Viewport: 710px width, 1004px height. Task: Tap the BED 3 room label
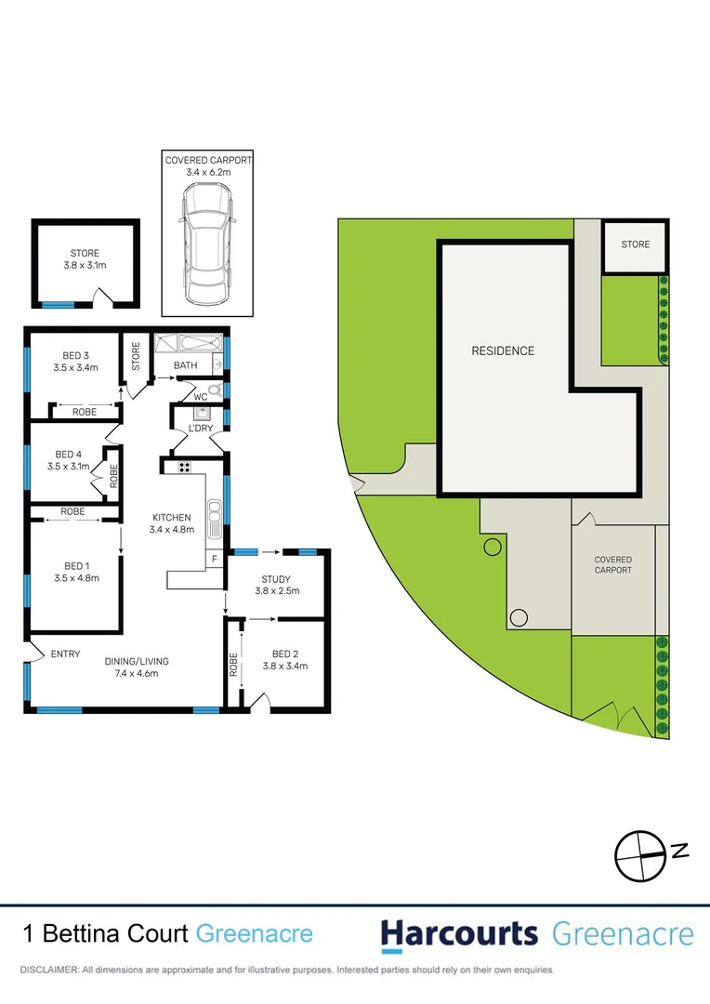pos(76,355)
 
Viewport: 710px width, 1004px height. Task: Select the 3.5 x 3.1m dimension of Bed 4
pos(69,467)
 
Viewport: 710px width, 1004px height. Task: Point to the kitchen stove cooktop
pos(184,467)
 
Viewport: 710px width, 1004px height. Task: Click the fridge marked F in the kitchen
pos(215,560)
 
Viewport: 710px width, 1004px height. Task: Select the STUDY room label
pos(276,580)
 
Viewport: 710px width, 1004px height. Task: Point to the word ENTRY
pos(65,654)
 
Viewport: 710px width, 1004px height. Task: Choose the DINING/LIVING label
pos(136,661)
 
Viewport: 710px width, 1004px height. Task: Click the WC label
pos(201,397)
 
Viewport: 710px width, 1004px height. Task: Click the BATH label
pos(185,365)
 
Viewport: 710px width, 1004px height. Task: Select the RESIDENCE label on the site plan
pos(503,350)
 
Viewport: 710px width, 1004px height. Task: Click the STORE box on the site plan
pos(635,245)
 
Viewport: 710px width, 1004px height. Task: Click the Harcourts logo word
pos(459,933)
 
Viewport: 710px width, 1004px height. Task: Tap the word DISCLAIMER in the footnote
pos(48,970)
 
